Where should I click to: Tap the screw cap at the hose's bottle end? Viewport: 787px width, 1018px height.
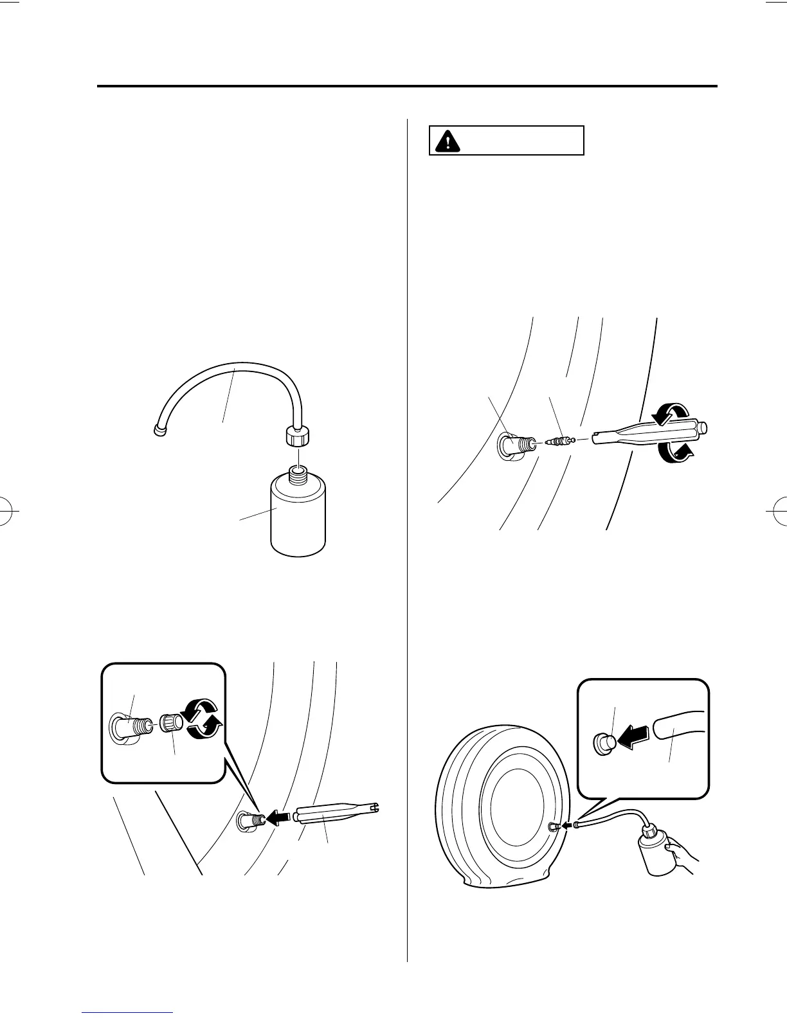[x=297, y=438]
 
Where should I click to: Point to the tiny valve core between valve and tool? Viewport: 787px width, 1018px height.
[x=558, y=442]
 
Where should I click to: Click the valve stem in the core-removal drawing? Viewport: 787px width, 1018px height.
[x=516, y=445]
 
